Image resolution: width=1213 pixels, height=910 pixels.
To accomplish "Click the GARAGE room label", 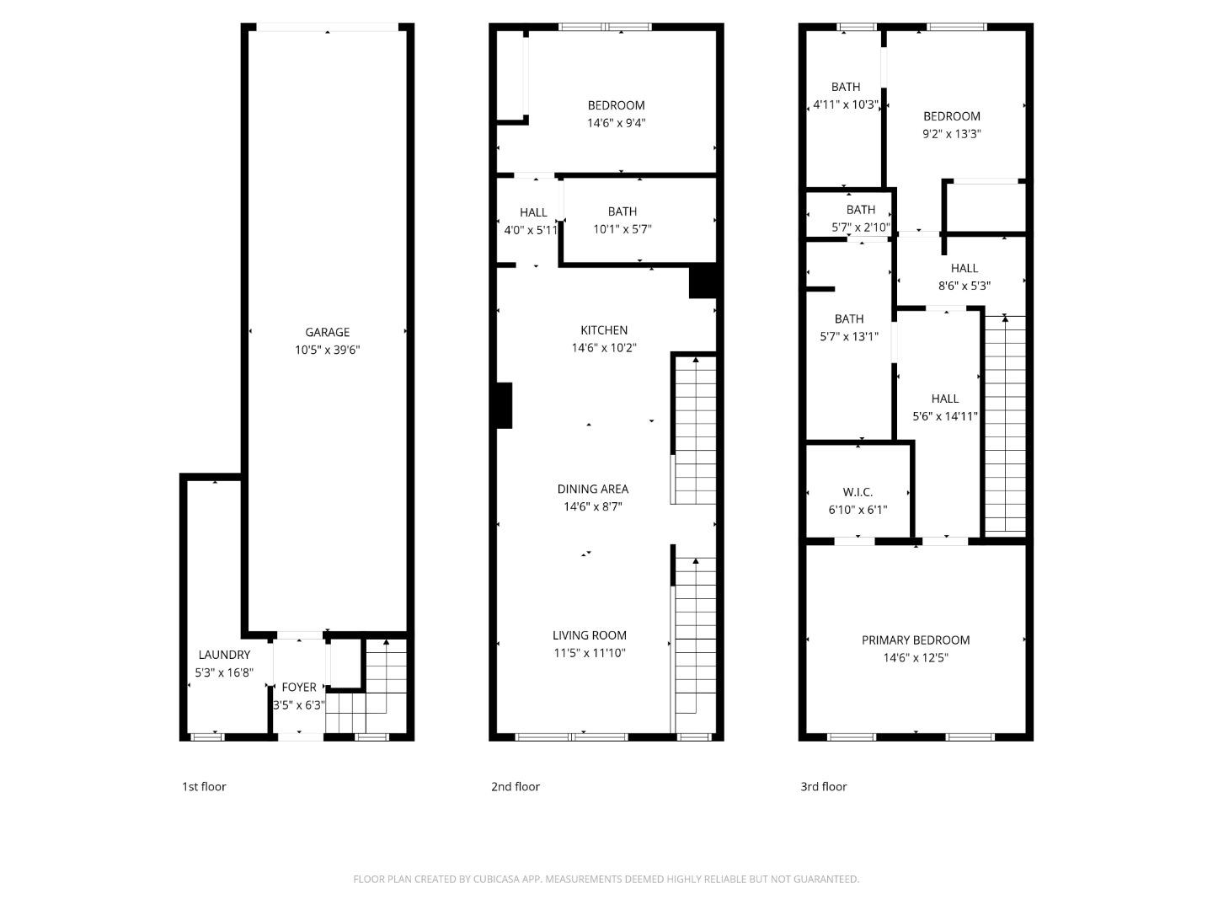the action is point(327,332).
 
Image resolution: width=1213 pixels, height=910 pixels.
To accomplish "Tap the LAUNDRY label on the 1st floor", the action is point(224,655).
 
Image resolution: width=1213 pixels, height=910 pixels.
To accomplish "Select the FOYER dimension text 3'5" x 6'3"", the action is point(299,705).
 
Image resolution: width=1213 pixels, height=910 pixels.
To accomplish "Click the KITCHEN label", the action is point(604,330).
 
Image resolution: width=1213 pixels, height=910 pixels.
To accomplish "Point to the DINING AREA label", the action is point(593,489).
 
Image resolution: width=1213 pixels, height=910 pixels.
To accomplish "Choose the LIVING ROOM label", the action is point(590,635).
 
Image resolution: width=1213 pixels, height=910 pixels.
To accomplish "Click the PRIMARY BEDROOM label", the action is point(916,640).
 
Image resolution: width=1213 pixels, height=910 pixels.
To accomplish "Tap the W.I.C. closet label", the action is point(858,492).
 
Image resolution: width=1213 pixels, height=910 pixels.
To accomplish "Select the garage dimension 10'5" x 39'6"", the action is point(327,350).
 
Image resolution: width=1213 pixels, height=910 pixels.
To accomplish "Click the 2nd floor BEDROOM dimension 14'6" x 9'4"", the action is point(616,123).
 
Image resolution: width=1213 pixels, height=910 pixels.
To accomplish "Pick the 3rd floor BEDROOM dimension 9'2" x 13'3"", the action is point(952,134).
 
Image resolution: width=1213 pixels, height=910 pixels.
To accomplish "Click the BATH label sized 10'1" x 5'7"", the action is point(623,211).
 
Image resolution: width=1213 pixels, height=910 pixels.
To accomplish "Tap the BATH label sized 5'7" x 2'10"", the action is point(861,210).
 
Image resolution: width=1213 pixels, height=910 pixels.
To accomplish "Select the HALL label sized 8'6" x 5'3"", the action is point(965,269).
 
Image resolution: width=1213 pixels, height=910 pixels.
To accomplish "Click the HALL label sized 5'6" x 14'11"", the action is point(945,399).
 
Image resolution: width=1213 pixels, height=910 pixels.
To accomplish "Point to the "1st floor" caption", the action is point(204,787).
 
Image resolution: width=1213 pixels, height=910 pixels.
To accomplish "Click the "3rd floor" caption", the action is point(823,787).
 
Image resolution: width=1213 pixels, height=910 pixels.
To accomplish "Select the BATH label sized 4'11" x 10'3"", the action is point(846,88).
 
